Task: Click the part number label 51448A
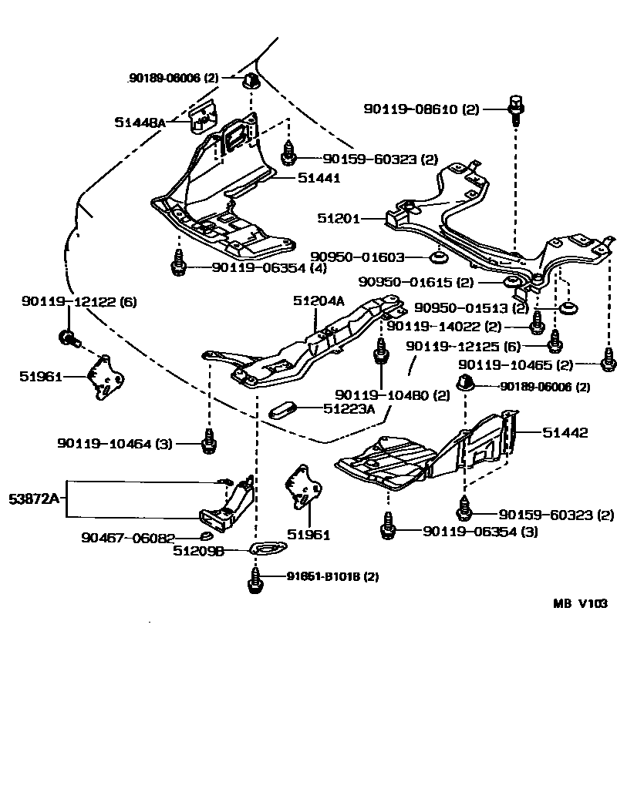(x=140, y=122)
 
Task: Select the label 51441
(x=319, y=178)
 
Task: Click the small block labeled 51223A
(x=282, y=409)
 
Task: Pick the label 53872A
(x=34, y=498)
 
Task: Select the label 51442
(x=565, y=433)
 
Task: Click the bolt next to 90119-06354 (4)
(x=177, y=266)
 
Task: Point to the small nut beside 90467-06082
(x=207, y=536)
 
